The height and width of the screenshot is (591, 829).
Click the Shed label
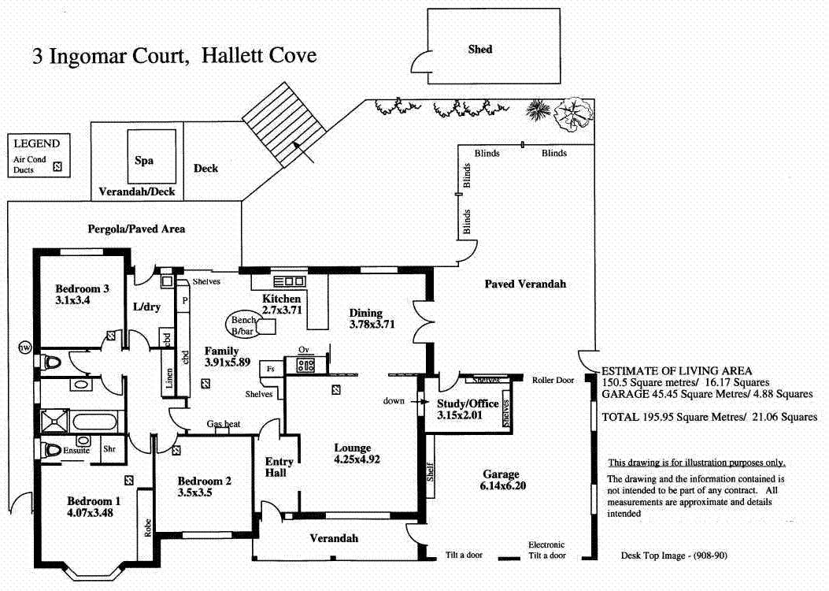tap(479, 49)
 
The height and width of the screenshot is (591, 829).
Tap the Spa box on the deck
tap(143, 160)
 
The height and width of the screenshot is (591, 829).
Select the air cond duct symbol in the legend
tap(56, 166)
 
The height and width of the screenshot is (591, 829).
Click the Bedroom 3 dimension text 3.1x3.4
tap(72, 300)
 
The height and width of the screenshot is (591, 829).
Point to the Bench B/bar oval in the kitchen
tap(244, 325)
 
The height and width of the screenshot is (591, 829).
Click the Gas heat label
tap(223, 424)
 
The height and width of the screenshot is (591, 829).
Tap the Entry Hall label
tap(279, 467)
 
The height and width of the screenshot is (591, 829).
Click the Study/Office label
tap(468, 403)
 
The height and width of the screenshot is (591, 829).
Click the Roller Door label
tap(554, 380)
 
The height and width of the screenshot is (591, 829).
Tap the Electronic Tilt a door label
tap(546, 550)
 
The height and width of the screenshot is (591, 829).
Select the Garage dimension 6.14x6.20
tap(501, 485)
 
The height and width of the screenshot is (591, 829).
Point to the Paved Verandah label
tap(525, 284)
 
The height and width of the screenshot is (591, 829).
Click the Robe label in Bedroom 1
tap(147, 526)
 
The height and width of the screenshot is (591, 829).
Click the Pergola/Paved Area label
tap(136, 229)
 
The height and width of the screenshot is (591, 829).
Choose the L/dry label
tap(146, 307)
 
